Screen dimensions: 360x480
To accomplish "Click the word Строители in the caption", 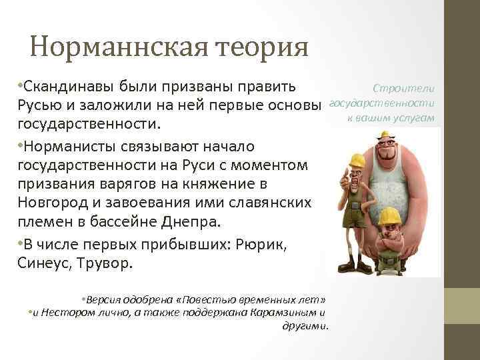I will pos(404,89).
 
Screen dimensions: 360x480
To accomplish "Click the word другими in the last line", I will pos(306,325).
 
